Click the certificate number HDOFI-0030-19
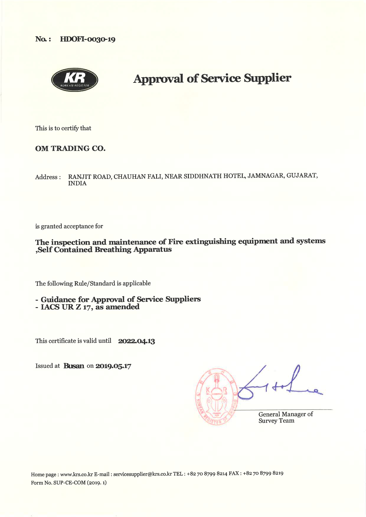(88, 39)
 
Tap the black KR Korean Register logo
(75, 80)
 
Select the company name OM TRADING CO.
(70, 149)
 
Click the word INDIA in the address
(77, 183)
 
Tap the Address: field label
(48, 177)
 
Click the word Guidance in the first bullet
(58, 299)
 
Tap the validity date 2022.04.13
(136, 341)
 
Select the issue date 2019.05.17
(113, 366)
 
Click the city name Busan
(74, 366)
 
